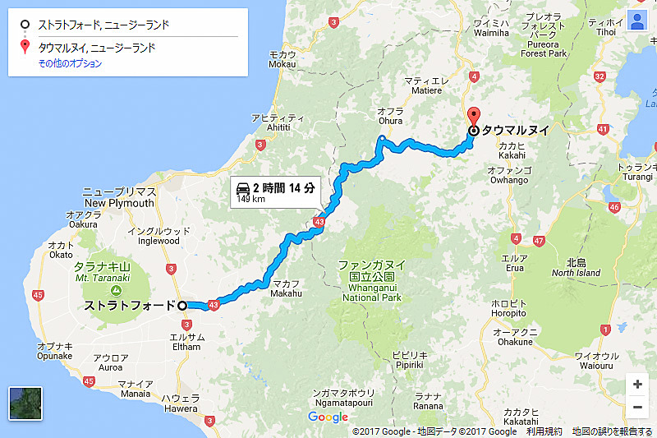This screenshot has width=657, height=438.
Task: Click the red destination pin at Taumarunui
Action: click(x=473, y=116)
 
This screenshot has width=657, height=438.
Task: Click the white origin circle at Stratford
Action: click(x=182, y=306)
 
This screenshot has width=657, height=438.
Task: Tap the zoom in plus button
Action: click(x=637, y=384)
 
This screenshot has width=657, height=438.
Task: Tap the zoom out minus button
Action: click(x=637, y=407)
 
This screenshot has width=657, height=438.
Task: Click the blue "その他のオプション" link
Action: click(x=70, y=63)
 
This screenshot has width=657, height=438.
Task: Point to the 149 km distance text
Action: click(x=251, y=199)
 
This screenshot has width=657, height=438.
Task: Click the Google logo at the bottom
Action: click(x=328, y=417)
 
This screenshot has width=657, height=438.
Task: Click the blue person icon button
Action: click(x=636, y=21)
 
